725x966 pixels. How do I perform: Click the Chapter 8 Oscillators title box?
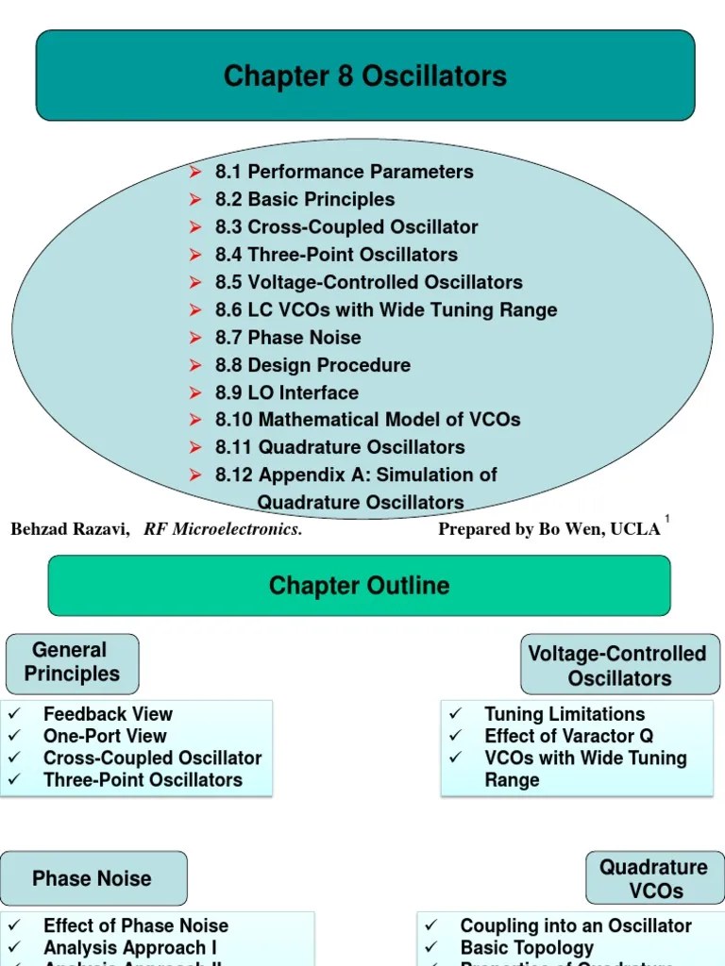[x=364, y=75]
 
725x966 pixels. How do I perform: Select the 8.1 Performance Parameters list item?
[x=344, y=172]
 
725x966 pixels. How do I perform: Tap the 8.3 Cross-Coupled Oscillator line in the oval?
[x=346, y=227]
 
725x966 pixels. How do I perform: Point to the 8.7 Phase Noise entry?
[x=287, y=338]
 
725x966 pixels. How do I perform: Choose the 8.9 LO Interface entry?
[x=286, y=392]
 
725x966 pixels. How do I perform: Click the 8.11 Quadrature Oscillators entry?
[x=340, y=447]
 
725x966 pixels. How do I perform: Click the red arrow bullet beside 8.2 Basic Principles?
[x=195, y=199]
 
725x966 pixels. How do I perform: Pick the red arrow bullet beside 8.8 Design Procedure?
[x=195, y=365]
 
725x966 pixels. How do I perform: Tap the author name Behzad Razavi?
[x=70, y=529]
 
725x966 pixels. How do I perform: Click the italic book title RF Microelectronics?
[x=223, y=529]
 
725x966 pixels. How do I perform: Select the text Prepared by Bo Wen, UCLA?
[x=548, y=529]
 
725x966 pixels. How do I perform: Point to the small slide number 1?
[x=667, y=519]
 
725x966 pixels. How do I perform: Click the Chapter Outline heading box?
[x=359, y=586]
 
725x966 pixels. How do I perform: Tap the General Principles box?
[x=72, y=662]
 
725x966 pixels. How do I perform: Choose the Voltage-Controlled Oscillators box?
[x=619, y=665]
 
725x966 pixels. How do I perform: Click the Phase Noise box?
[x=93, y=878]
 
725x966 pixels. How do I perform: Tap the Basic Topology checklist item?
[x=527, y=947]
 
